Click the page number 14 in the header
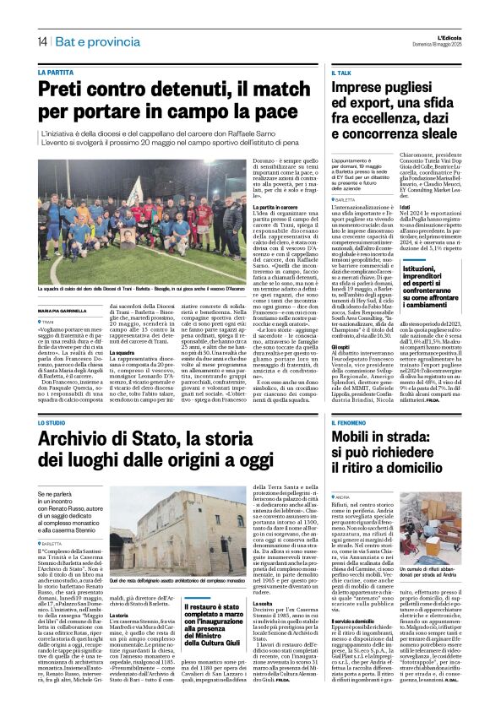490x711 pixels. [41, 42]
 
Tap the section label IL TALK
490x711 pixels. [340, 74]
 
